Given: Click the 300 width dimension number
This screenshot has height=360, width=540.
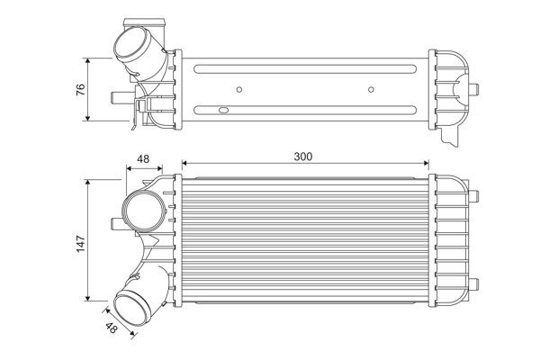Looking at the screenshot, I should point(303,157).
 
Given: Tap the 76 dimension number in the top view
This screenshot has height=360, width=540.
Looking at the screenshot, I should point(79,89).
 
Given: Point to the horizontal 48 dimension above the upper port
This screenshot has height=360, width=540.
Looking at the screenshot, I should point(142,159).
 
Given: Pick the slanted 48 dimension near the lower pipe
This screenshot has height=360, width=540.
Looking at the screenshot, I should point(111,331).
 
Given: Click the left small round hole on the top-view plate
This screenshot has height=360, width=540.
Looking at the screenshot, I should point(239,89).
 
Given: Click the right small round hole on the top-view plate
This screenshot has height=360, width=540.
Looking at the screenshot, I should point(371,89).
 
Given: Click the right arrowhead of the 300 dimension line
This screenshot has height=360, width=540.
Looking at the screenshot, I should point(425,165).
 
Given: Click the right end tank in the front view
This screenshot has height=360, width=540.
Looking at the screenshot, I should point(453,238).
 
